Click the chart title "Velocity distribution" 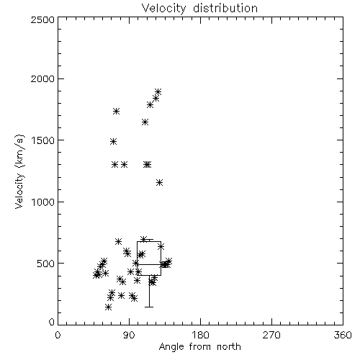(199, 8)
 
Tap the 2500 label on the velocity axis (43, 19)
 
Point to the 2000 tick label (43, 79)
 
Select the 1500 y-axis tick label (43, 140)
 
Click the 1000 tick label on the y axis (43, 202)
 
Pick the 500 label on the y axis (46, 264)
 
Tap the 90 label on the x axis (129, 335)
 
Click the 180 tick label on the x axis (200, 335)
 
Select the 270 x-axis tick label (271, 335)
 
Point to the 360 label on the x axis (343, 335)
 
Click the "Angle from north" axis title (200, 347)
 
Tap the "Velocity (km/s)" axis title (19, 171)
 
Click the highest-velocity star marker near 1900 (158, 91)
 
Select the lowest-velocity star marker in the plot (108, 307)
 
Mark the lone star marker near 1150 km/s (160, 183)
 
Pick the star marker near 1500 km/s (114, 142)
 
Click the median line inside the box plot (149, 264)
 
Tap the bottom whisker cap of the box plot (149, 307)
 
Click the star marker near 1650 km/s (145, 122)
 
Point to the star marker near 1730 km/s (117, 111)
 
